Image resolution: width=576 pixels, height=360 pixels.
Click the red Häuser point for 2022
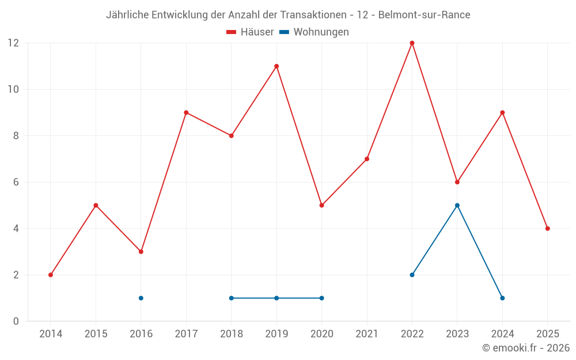[x=412, y=43]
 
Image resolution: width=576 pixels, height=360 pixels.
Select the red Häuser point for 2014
[x=51, y=275]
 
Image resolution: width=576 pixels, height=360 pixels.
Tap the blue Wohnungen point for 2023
[x=457, y=205]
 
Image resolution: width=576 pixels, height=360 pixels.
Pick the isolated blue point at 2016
[x=141, y=298]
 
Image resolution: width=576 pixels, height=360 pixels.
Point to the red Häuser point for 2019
[x=276, y=66]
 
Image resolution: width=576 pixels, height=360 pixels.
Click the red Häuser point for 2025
[x=548, y=229]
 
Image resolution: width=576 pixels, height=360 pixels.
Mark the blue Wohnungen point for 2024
[x=502, y=298]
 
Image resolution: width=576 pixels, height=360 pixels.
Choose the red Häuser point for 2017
[x=186, y=112]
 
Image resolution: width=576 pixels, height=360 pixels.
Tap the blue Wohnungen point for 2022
[x=412, y=275]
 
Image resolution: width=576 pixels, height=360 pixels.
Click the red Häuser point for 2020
[x=321, y=205]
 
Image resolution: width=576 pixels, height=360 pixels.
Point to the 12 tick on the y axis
[x=13, y=43]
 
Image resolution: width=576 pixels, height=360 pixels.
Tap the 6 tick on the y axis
[x=16, y=182]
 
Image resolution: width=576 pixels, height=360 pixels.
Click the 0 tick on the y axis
[x=16, y=321]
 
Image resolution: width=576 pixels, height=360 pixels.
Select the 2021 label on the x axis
[x=367, y=334]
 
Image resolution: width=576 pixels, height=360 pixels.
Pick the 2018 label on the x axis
[x=232, y=334]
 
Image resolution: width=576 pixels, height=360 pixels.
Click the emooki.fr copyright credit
[x=526, y=348]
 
